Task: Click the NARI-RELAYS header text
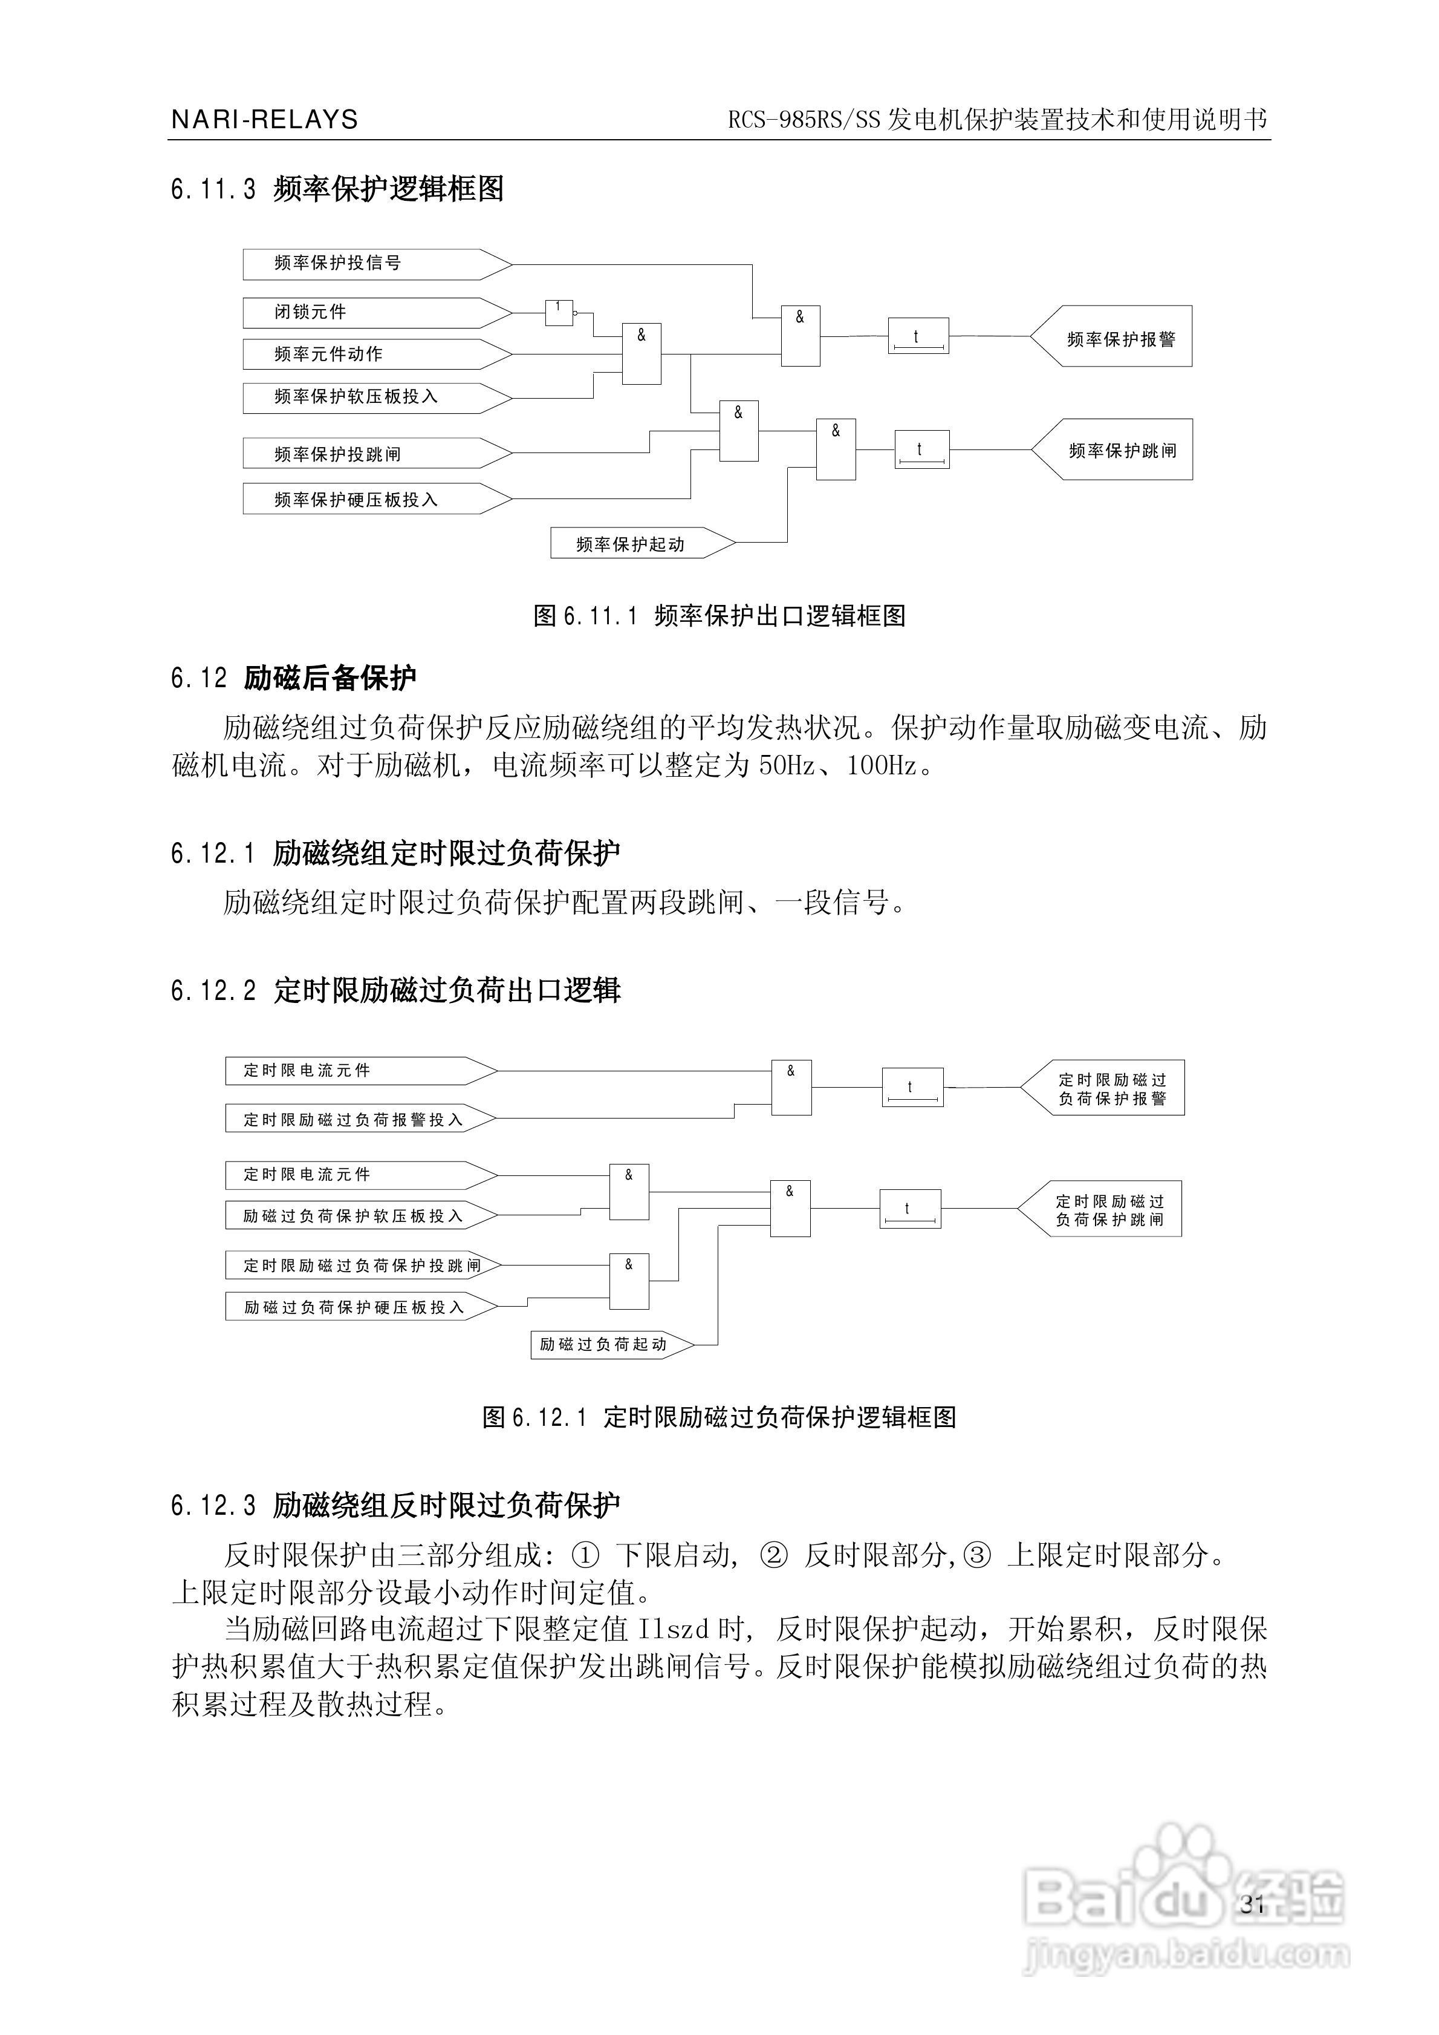264,120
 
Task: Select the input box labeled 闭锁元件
377,313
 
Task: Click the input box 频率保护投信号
377,264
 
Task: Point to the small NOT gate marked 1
559,312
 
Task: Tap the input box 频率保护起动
643,543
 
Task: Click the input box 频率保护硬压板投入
377,499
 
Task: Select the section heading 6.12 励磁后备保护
293,678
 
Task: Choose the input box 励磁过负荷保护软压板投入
362,1216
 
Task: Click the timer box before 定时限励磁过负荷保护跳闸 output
910,1209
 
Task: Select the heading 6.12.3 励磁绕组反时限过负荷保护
395,1505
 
